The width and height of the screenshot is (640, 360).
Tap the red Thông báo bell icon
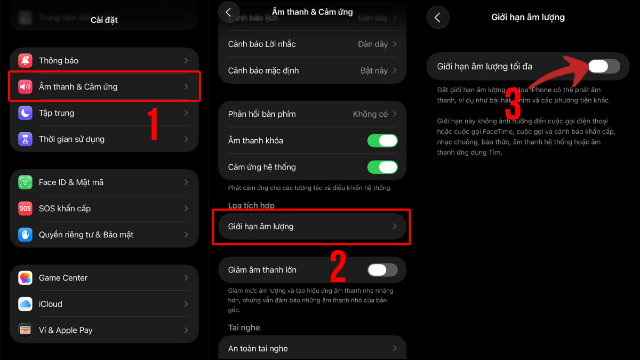pos(25,61)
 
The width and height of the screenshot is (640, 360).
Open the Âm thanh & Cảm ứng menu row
pos(105,86)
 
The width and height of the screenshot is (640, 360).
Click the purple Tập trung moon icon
pos(25,113)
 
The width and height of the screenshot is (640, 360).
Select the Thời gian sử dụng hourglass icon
pos(25,139)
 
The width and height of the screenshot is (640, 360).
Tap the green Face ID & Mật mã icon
pos(25,182)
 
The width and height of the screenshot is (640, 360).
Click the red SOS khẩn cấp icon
pos(25,209)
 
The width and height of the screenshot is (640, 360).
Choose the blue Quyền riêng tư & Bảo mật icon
pos(25,235)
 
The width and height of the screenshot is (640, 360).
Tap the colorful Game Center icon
pos(25,278)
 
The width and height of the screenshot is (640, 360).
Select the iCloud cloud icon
pos(25,304)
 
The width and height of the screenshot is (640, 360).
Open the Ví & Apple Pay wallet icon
pos(25,330)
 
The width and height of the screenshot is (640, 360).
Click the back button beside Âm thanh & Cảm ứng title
pos(229,12)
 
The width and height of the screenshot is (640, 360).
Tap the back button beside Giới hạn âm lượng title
pos(437,18)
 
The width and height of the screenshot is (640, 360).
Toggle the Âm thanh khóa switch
pos(382,141)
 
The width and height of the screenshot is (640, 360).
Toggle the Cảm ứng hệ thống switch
pos(382,167)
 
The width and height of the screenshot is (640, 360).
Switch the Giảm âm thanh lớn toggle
pos(382,270)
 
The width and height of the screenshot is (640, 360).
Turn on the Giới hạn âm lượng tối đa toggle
pos(604,66)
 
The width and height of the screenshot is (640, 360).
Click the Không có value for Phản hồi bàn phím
pos(370,114)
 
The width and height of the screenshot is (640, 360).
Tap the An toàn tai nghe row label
pos(258,349)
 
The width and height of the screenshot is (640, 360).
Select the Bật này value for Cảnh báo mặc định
pos(374,70)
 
